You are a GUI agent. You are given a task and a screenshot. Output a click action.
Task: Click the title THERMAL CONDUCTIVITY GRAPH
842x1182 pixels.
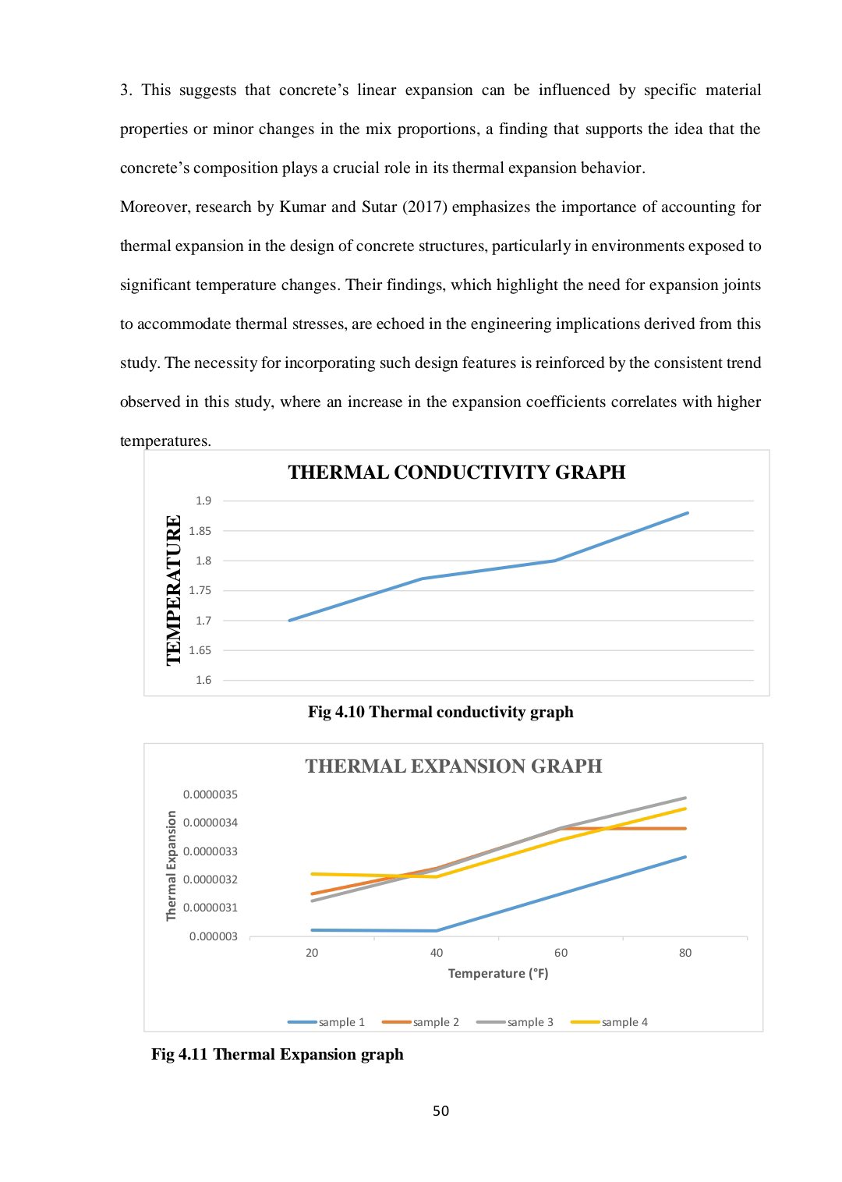coord(456,472)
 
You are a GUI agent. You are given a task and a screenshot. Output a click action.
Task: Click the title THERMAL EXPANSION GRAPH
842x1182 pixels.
coord(453,766)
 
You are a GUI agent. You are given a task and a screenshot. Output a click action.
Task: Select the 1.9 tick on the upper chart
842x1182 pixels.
coord(203,501)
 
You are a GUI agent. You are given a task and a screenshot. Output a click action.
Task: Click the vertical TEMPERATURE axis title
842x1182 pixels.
coord(174,590)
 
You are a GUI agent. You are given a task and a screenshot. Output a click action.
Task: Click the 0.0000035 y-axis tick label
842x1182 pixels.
coord(210,794)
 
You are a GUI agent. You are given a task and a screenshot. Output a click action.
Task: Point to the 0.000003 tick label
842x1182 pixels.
coord(213,936)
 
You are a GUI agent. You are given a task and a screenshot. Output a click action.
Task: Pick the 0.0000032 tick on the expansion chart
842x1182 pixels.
coord(210,879)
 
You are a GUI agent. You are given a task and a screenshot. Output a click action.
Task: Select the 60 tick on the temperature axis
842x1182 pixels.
coord(561,953)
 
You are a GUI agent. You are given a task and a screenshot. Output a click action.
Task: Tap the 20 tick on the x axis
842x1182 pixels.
coord(312,953)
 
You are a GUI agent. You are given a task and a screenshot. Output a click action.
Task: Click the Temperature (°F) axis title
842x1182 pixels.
coord(498,974)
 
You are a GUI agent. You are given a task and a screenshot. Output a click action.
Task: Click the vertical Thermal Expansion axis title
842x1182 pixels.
coord(172,865)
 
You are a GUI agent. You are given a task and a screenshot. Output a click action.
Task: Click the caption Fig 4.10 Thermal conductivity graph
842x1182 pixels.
coord(440,712)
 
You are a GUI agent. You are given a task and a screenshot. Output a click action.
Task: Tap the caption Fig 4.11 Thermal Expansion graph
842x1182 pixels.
coord(278,1054)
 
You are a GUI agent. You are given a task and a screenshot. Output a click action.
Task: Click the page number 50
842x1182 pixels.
coord(441,1111)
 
